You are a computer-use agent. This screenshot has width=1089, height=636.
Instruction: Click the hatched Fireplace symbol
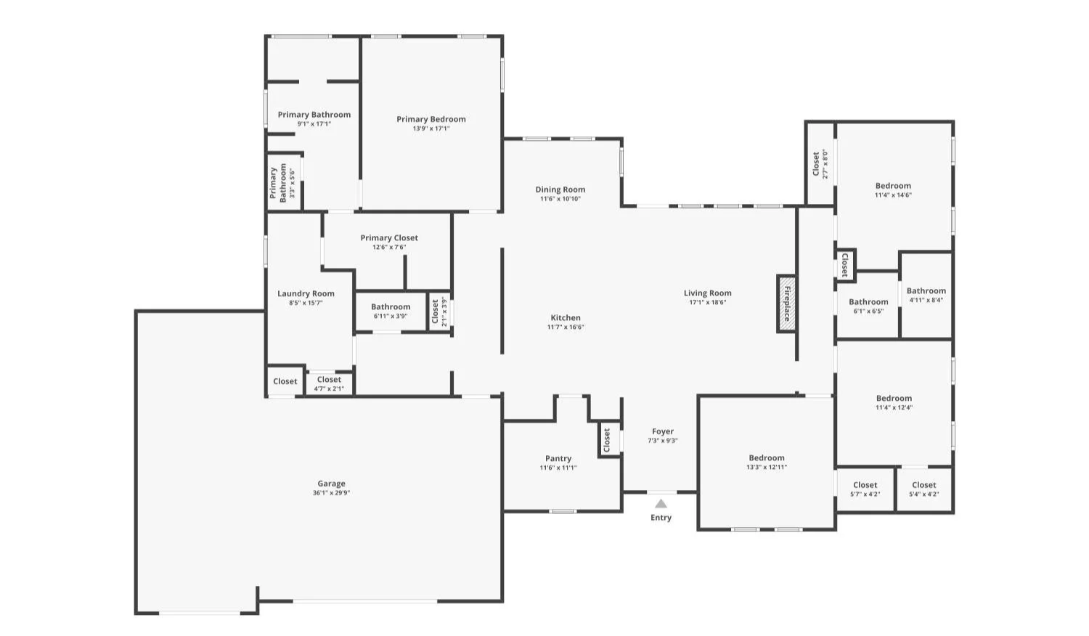[786, 304]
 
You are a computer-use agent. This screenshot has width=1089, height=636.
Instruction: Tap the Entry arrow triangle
[661, 504]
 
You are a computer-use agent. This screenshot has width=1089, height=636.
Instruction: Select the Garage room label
[332, 484]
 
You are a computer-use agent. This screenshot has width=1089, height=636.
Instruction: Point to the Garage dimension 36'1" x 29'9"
[332, 492]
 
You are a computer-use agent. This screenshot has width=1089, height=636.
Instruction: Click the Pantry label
[558, 459]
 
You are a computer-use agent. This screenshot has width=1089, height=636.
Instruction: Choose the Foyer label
[663, 431]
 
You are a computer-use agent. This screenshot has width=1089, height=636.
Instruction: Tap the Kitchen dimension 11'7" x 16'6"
[566, 327]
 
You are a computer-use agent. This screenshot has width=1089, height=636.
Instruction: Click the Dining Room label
[560, 189]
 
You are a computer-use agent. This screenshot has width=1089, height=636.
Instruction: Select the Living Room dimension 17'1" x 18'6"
[707, 302]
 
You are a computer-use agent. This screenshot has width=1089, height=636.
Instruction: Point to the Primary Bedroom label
[431, 119]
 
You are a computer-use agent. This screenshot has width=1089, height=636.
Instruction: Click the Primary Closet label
[389, 237]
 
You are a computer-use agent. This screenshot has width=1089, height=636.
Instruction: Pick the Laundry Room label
[306, 294]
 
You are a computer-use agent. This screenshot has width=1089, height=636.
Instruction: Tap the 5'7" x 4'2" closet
[865, 489]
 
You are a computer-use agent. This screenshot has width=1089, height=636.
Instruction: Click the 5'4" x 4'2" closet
[923, 489]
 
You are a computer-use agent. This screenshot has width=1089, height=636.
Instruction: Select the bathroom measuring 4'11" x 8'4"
[926, 295]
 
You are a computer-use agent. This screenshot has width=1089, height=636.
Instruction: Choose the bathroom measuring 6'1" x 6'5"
[868, 306]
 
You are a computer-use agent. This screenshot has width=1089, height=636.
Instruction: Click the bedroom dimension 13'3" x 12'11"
[767, 468]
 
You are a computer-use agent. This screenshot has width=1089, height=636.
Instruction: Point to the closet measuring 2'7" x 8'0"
[820, 163]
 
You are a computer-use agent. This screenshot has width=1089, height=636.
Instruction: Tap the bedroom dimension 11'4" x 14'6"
[893, 195]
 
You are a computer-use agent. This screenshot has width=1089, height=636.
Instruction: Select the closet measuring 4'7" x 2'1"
[329, 383]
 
